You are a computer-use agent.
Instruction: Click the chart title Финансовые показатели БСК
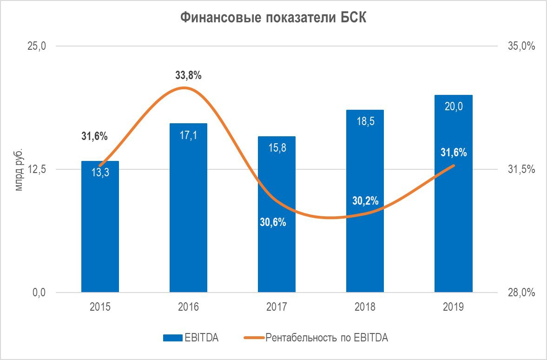(273, 18)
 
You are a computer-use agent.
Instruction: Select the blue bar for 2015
(100, 233)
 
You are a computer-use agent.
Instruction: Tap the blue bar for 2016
(188, 214)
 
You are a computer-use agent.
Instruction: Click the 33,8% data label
(188, 75)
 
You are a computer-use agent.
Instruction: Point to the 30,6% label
(273, 222)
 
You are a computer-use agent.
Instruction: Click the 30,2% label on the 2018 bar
(365, 201)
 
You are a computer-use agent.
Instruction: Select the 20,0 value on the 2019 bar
(454, 107)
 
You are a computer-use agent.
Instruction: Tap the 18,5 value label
(365, 121)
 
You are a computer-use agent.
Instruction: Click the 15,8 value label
(277, 148)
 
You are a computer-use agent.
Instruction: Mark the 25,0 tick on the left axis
(37, 47)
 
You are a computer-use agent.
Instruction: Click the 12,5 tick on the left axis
(37, 169)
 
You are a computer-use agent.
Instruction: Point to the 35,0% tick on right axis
(521, 47)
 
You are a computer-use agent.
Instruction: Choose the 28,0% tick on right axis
(521, 293)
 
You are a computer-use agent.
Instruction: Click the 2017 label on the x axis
(277, 307)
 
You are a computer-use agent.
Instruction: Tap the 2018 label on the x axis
(365, 307)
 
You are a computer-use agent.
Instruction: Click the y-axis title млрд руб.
(19, 170)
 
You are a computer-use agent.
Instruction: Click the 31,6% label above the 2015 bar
(95, 137)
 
